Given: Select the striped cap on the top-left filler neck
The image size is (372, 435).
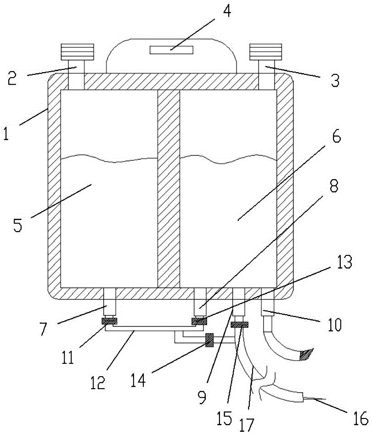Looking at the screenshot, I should tap(77, 52).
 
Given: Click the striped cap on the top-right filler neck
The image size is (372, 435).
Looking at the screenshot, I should tap(265, 52).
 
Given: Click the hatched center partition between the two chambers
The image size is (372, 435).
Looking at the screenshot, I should tap(169, 188).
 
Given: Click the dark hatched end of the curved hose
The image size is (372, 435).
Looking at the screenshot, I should tap(305, 354).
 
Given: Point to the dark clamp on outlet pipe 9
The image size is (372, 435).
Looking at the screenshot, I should tap(240, 325).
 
